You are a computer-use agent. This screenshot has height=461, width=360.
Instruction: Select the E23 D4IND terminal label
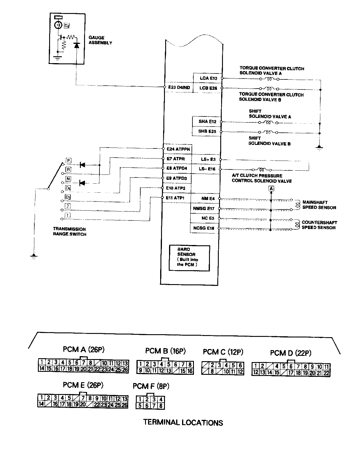pyautogui.click(x=179, y=87)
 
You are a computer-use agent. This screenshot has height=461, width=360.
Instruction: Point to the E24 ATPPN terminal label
pyautogui.click(x=178, y=149)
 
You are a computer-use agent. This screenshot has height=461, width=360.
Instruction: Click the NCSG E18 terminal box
pyautogui.click(x=204, y=228)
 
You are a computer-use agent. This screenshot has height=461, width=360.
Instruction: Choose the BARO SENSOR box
pyautogui.click(x=189, y=258)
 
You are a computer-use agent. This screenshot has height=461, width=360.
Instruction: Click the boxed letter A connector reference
pyautogui.click(x=271, y=188)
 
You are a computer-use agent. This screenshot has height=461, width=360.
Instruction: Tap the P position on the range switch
pyautogui.click(x=68, y=161)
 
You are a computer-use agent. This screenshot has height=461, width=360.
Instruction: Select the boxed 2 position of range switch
pyautogui.click(x=68, y=207)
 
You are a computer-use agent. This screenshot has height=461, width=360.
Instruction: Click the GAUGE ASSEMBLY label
pyautogui.click(x=100, y=40)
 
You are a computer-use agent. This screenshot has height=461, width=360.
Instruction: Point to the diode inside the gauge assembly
pyautogui.click(x=77, y=45)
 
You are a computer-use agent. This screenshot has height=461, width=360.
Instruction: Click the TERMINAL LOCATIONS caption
pyautogui.click(x=183, y=422)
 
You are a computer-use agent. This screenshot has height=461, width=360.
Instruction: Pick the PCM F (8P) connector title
pyautogui.click(x=151, y=386)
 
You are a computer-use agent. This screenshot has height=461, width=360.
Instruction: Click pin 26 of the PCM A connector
pyautogui.click(x=125, y=369)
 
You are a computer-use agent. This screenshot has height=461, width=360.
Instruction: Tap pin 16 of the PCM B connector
pyautogui.click(x=190, y=371)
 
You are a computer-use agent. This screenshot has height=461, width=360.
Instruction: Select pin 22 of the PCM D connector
pyautogui.click(x=326, y=373)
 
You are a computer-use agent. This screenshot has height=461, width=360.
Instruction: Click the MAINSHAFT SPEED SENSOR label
pyautogui.click(x=319, y=205)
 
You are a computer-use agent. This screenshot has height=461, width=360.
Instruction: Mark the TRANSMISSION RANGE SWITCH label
pyautogui.click(x=70, y=231)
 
